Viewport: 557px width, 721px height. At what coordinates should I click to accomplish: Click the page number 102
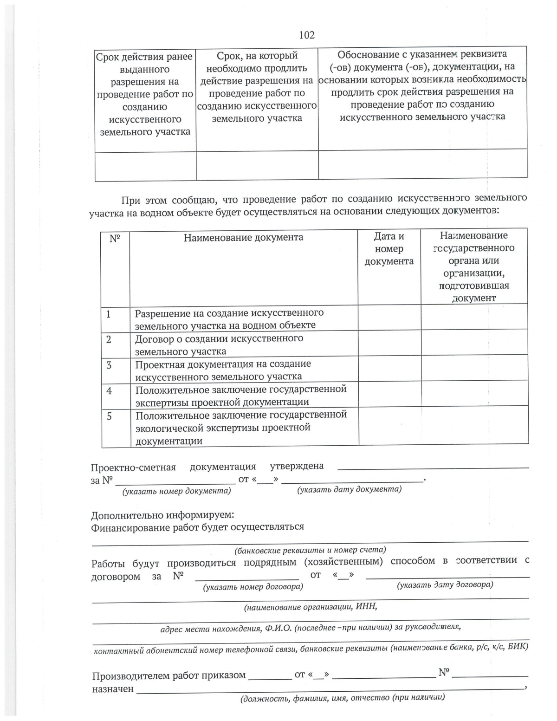306,35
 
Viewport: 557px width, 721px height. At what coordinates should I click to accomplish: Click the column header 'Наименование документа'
243,238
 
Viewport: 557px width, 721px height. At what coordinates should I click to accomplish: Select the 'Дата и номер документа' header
389,249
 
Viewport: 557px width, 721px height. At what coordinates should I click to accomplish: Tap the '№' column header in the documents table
115,239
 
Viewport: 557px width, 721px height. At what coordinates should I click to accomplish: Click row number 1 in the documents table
109,314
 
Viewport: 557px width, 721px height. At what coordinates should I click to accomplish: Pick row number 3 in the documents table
109,365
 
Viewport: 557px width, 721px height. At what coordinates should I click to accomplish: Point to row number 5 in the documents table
110,416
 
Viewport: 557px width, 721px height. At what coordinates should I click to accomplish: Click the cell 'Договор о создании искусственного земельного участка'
219,345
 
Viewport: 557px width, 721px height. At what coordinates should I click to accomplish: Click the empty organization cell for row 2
474,342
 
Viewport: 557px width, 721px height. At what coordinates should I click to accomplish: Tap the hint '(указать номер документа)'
176,491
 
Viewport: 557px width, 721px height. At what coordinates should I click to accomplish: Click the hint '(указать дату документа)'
349,489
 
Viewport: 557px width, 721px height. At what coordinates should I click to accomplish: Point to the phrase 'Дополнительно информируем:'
162,515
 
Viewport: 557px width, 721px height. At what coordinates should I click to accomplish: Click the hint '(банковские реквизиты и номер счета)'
310,550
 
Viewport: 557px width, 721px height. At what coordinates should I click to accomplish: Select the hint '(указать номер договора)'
253,587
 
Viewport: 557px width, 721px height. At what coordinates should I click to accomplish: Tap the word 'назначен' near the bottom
112,689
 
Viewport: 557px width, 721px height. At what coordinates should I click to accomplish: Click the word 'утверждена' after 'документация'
297,466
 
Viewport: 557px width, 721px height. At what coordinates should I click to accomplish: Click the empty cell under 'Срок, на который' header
257,166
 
